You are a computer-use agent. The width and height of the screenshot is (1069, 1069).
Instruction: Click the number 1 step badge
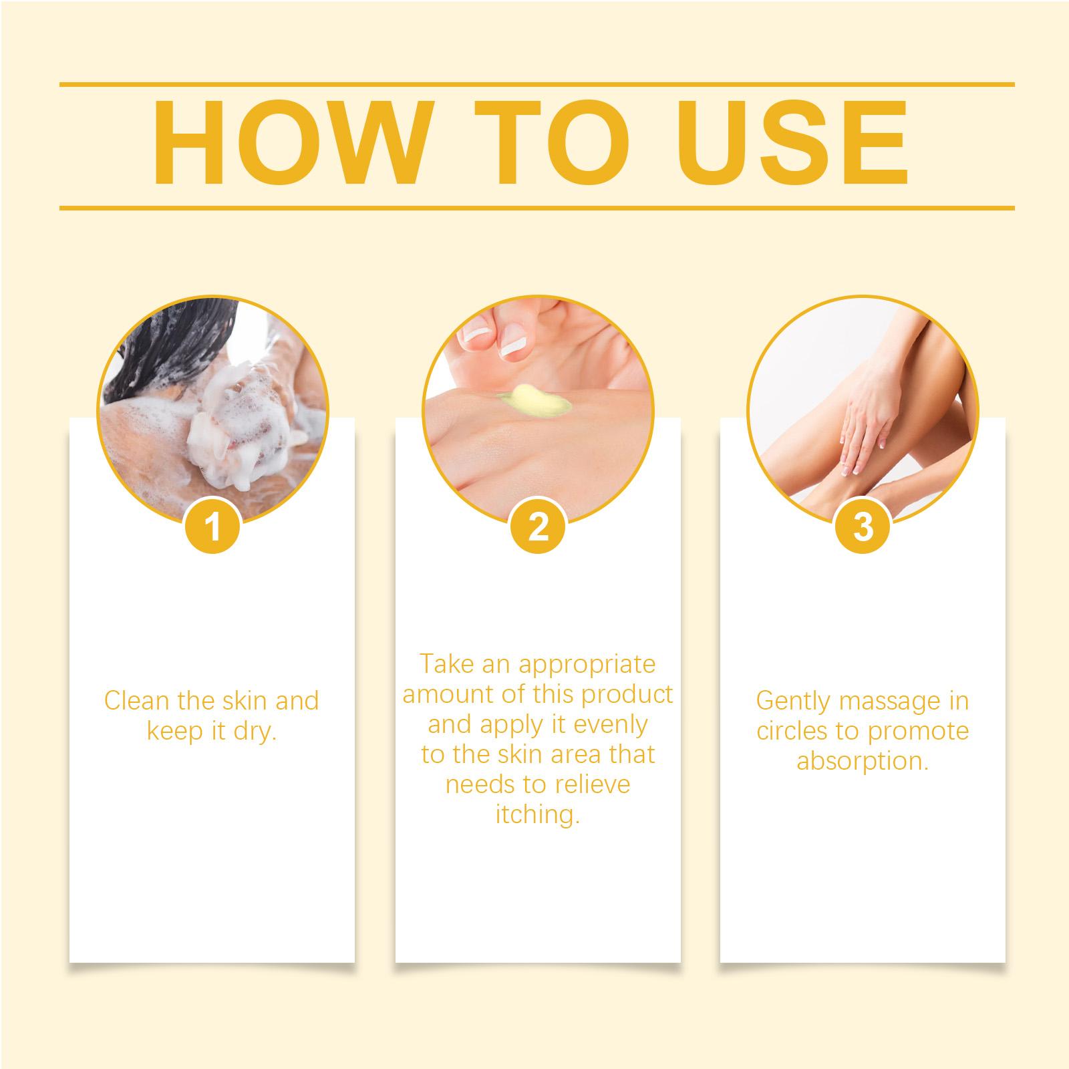click(213, 526)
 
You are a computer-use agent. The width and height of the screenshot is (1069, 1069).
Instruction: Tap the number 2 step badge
click(538, 526)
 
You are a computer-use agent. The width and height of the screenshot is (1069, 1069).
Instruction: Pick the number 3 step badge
click(863, 526)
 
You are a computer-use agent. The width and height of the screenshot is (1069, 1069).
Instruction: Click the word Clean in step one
click(136, 701)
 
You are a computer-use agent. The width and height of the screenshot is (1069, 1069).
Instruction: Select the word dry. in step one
click(255, 732)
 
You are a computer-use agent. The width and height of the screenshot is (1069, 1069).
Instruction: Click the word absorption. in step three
click(863, 761)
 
